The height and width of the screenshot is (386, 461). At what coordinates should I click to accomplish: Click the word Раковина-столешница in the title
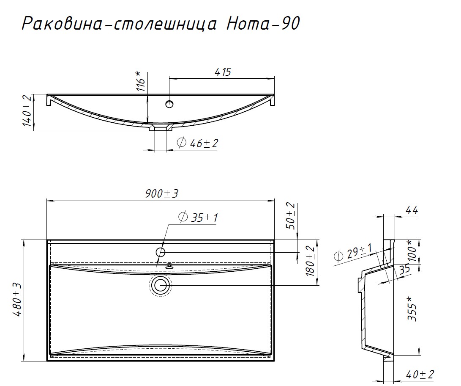tap(120, 24)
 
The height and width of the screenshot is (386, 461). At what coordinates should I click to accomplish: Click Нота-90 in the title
tap(262, 24)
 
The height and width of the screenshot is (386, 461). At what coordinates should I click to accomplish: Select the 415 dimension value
tap(223, 72)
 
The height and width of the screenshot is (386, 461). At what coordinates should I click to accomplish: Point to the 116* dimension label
tap(142, 81)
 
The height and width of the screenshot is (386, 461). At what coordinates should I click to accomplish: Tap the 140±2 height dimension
tap(27, 112)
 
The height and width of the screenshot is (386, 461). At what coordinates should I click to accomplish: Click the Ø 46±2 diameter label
tap(197, 143)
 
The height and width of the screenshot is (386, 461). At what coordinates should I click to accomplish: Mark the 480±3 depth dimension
tap(17, 300)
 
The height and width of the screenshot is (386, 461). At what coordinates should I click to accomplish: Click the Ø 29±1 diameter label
tap(352, 254)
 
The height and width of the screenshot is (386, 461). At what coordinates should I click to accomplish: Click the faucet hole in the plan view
tap(161, 252)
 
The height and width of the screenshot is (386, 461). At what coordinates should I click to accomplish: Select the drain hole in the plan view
tap(160, 285)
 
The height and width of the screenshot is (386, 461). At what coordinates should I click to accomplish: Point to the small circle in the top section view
tap(169, 104)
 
